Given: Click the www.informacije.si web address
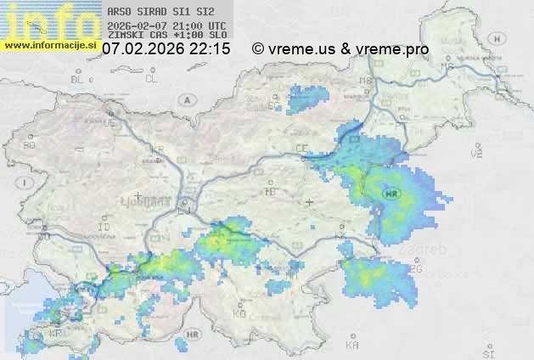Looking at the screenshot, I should point(50,45).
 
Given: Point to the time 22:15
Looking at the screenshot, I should point(211,49).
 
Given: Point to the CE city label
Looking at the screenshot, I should point(301,148).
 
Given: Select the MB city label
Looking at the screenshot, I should point(367,81).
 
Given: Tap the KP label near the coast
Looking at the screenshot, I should point(56,334).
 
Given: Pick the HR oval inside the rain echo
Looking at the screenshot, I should point(391,193).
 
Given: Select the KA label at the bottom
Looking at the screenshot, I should point(352,346).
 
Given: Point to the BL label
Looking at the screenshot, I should point(78,79).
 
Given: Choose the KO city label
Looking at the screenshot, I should point(239,313).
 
